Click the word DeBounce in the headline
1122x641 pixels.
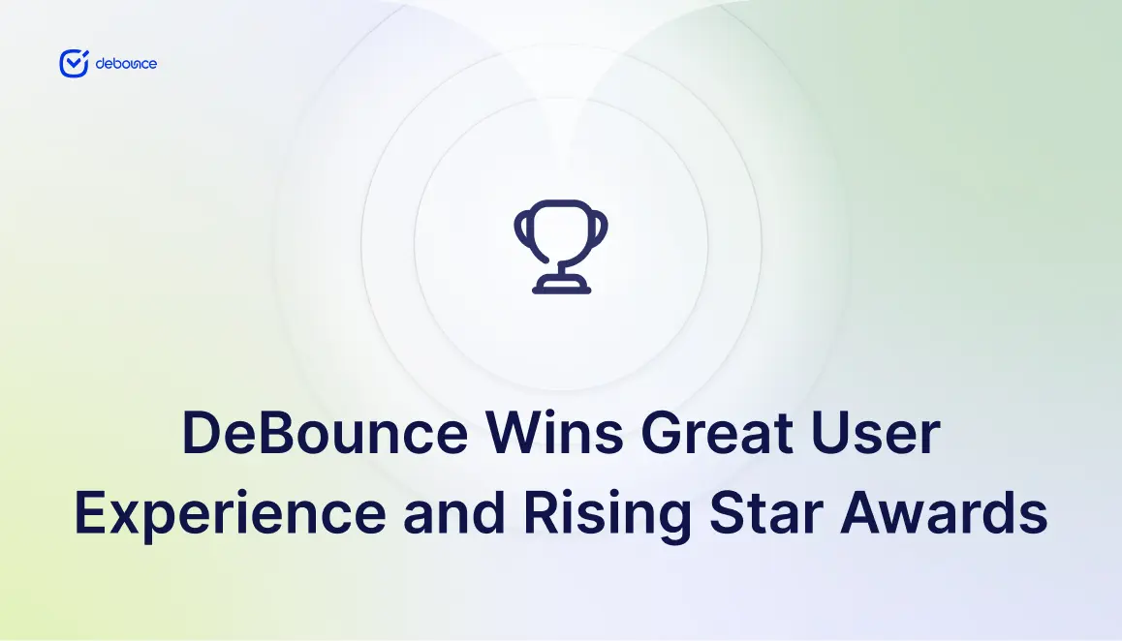point(326,433)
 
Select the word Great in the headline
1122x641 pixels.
point(717,433)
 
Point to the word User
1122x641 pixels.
point(875,433)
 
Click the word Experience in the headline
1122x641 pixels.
point(231,513)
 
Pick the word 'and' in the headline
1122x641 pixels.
point(454,512)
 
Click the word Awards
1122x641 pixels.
point(944,512)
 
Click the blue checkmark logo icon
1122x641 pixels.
point(74,64)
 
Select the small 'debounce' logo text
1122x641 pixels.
point(126,64)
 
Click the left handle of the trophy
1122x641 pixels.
point(522,230)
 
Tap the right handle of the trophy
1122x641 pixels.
point(600,230)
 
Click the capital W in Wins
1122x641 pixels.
point(517,433)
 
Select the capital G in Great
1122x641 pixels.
point(662,433)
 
